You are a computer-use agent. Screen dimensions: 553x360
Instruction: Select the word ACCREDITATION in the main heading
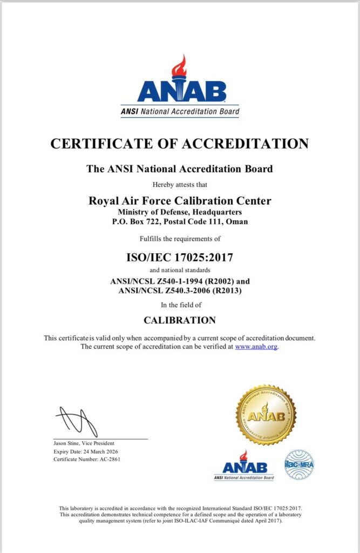point(246,144)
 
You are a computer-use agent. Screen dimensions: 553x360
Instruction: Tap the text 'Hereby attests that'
point(180,184)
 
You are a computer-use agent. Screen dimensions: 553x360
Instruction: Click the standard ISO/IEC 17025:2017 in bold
point(180,258)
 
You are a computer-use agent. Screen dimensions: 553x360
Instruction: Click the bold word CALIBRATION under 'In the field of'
point(180,320)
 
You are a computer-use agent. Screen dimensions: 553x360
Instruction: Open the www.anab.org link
point(256,347)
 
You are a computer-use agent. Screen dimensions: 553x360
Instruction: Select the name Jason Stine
point(66,443)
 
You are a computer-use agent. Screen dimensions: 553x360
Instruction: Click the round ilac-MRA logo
point(299,464)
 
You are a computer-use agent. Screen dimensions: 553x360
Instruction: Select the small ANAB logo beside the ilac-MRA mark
point(244,466)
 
